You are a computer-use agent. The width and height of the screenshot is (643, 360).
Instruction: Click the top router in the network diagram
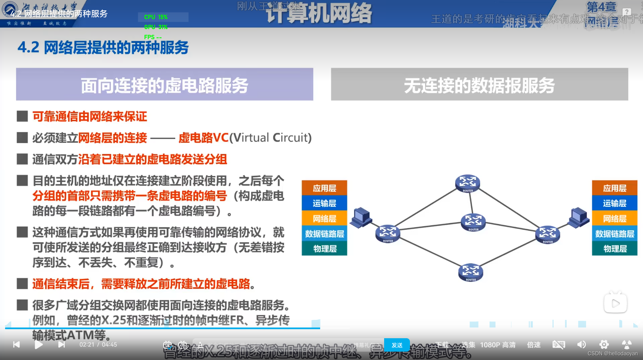tap(468, 183)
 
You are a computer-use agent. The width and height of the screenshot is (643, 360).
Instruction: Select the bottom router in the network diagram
tap(471, 273)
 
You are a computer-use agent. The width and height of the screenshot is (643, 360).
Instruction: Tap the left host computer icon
tap(361, 217)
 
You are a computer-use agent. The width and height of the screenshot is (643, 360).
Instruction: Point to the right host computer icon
tap(579, 217)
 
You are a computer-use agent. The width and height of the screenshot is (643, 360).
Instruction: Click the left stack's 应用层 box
tap(324, 188)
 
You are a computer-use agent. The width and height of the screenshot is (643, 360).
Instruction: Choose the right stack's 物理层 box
tap(615, 249)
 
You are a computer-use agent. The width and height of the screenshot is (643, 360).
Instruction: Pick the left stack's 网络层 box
tap(324, 219)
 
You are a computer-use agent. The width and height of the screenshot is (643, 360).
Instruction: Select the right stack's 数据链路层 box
tap(615, 234)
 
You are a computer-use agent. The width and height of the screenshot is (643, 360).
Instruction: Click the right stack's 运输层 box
tap(615, 203)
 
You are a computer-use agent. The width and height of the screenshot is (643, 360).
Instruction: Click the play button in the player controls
tap(39, 345)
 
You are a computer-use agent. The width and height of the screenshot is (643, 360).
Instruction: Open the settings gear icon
tap(604, 345)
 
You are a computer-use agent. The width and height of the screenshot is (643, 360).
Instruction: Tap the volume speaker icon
tap(582, 345)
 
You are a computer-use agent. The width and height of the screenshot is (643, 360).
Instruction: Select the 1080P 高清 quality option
tap(498, 345)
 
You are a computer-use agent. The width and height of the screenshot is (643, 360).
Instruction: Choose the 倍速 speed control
tap(534, 345)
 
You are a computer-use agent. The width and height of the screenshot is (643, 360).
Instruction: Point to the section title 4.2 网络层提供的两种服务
tap(103, 48)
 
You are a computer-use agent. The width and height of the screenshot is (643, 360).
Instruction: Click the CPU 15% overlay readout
tap(156, 17)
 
